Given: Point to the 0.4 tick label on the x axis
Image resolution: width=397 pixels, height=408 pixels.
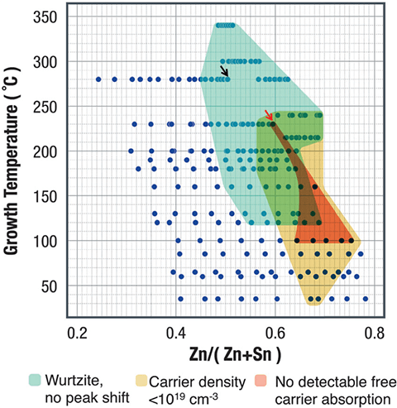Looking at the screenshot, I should [x=175, y=336].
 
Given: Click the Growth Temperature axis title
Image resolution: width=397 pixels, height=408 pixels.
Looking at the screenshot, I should [x=16, y=162].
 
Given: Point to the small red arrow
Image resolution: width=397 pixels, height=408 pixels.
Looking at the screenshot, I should [x=268, y=116].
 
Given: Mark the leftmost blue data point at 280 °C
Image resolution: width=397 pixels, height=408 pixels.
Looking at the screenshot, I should [x=98, y=79].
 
